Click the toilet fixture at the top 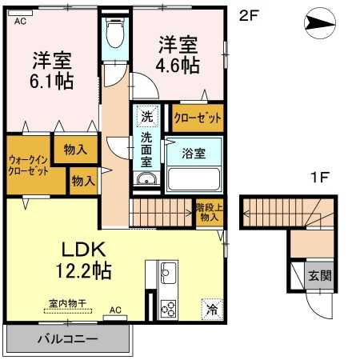point(115,34)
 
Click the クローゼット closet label point(198,118)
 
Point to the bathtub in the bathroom point(194,178)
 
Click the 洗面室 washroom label point(146,149)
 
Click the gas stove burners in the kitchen point(169,306)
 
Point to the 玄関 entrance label point(320,275)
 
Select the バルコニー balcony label point(67,338)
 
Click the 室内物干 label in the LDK point(66,304)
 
